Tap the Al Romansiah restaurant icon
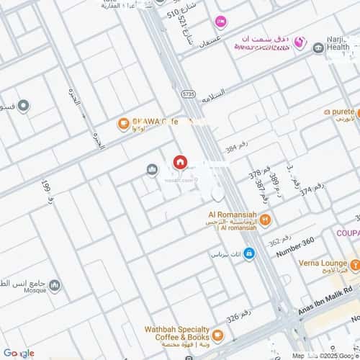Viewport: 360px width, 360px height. click(266, 220)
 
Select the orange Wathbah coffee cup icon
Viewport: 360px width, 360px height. click(217, 336)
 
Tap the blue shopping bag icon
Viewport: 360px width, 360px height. click(248, 253)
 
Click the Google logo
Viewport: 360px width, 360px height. click(19, 353)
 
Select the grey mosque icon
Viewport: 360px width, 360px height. click(55, 286)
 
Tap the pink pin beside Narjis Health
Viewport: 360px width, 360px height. click(303, 44)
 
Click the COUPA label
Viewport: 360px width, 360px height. click(346, 233)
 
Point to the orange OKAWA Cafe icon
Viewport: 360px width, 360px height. click(124, 124)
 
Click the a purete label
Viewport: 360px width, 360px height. click(341, 112)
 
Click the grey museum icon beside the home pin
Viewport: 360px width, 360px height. click(152, 170)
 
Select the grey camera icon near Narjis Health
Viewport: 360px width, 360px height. click(318, 48)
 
